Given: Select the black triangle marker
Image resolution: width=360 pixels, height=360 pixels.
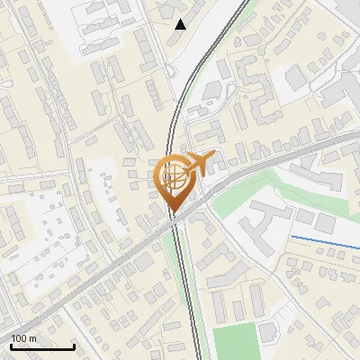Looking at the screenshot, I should (x=181, y=24).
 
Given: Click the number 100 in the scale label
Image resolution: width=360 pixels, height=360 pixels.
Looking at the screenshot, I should (x=20, y=338).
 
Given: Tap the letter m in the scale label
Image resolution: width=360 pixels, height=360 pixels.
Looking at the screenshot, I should (x=34, y=338).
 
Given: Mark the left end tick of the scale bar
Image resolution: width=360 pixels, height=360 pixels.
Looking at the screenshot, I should (x=11, y=346).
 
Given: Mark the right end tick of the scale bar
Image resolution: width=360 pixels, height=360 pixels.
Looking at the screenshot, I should (x=75, y=346).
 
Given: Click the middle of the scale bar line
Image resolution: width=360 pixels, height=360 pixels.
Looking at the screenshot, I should (x=42, y=347).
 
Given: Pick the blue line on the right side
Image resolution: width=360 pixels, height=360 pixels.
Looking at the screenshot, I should (x=324, y=240).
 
